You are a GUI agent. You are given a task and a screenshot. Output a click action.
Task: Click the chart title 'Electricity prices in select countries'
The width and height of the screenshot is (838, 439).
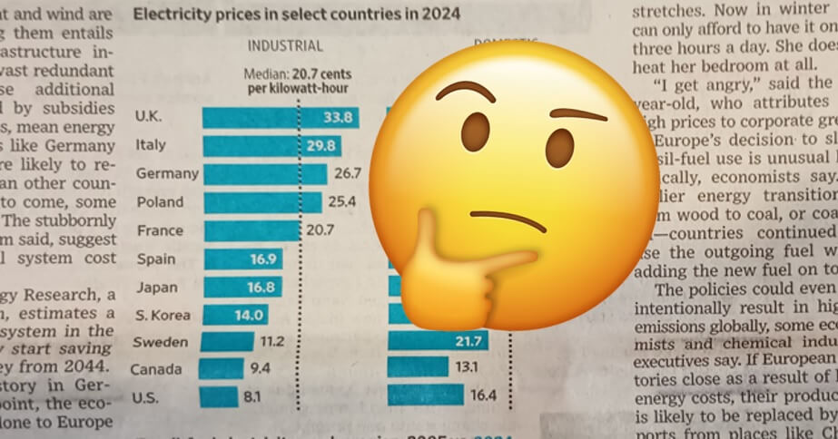pos(296,14)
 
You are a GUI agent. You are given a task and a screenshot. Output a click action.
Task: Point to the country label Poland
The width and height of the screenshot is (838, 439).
pos(160,201)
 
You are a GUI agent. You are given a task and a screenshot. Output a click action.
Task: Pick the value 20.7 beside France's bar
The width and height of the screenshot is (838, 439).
pos(320,230)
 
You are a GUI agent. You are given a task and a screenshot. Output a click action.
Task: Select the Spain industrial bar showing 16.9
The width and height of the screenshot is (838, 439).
pos(242,259)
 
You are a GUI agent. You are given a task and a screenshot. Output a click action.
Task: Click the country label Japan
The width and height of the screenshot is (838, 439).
pos(156,287)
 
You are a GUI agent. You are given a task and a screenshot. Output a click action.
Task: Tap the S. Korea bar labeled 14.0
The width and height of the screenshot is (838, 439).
pos(235,315)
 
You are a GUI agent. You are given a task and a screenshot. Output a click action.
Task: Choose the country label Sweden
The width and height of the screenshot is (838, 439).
pos(160,342)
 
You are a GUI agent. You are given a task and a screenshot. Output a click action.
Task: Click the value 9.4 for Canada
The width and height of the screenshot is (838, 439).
pos(261,369)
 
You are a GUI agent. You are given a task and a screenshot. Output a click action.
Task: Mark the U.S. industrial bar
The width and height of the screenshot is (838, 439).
pos(218,396)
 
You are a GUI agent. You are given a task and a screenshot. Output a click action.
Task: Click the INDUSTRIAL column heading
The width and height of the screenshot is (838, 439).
pos(284,46)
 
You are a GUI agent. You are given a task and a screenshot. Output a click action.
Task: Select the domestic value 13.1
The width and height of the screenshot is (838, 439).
pos(468,367)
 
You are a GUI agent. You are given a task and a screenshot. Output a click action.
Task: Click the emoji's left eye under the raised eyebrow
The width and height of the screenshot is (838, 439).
pos(475,132)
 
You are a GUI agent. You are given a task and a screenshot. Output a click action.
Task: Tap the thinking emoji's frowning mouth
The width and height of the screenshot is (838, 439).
pos(508,219)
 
